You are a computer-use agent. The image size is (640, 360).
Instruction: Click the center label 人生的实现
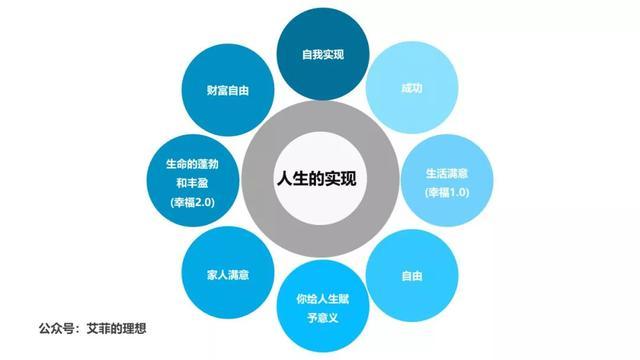click(x=320, y=180)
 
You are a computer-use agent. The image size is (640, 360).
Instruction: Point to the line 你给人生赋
click(x=320, y=299)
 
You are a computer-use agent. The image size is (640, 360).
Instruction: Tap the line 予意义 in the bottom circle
click(x=320, y=318)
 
